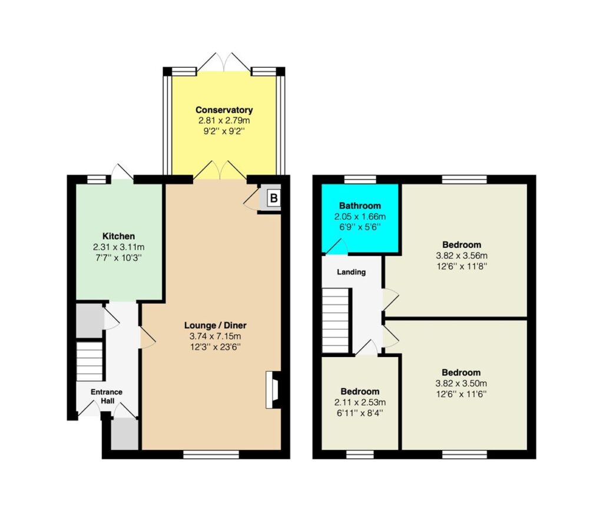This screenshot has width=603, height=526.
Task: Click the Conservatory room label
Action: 224,110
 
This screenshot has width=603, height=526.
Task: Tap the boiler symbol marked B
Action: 273,198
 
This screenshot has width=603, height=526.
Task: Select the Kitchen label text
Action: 118,236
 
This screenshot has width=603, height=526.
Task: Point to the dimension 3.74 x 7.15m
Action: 215,336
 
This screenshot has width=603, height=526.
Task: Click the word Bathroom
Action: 360,206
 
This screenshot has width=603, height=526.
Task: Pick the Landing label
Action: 351,272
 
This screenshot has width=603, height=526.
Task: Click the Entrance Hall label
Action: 107,396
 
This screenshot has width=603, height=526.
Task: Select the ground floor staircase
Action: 90,361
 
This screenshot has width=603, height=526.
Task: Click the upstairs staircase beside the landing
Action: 335,320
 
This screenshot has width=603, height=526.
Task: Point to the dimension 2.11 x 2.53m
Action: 360,402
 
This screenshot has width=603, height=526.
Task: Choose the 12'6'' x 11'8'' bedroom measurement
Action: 462,266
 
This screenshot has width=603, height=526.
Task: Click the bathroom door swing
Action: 337,247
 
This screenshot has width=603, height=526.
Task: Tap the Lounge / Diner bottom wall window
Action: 211,454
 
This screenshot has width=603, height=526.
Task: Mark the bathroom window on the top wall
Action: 360,179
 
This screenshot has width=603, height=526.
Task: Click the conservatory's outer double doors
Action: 223,62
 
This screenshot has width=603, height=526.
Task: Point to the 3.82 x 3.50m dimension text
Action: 461,383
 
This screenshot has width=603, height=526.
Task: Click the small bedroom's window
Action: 360,454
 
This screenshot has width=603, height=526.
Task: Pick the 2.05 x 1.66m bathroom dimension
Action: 360,217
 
